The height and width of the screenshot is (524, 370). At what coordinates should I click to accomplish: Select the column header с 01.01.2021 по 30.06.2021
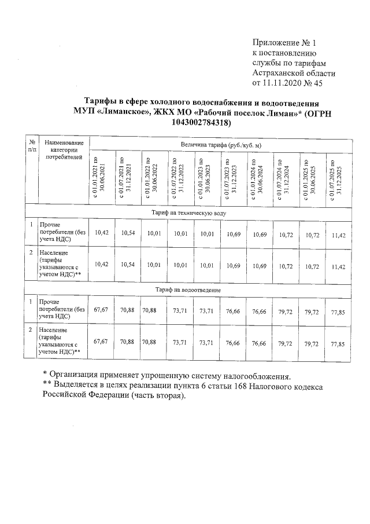102,178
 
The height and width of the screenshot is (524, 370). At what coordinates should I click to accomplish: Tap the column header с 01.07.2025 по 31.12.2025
338,178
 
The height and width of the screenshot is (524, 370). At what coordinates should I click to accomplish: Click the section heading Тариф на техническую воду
189,213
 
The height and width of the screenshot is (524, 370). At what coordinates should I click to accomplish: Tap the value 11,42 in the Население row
338,266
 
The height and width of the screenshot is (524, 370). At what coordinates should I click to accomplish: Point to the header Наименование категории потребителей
64,149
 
